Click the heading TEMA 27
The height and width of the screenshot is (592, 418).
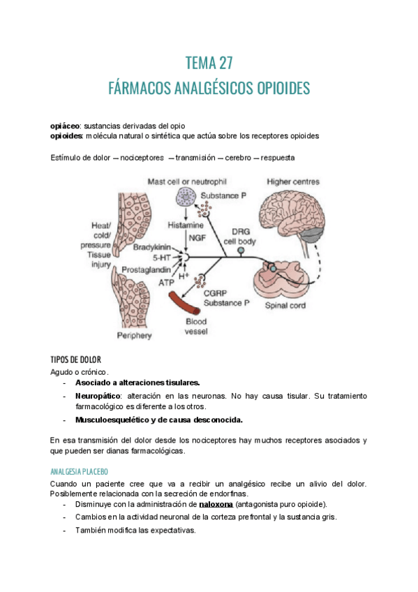(x=209, y=64)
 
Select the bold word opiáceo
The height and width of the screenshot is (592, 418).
(x=66, y=125)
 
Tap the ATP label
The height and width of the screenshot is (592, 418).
(x=166, y=282)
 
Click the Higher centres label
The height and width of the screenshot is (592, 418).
(x=293, y=182)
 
